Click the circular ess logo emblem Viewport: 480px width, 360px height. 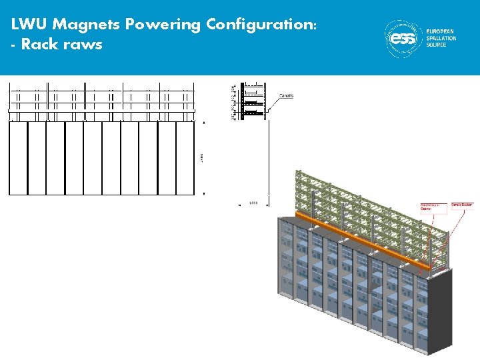[403, 38]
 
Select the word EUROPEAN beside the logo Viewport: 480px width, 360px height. [441, 32]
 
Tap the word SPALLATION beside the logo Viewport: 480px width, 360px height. [442, 38]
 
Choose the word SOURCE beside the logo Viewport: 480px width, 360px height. [437, 45]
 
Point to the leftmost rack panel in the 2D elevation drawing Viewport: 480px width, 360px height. [17, 157]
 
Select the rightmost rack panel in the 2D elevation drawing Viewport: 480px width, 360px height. [185, 157]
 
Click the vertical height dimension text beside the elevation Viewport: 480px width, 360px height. [201, 158]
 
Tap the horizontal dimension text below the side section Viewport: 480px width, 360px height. [253, 202]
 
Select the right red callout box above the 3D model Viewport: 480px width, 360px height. [462, 206]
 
